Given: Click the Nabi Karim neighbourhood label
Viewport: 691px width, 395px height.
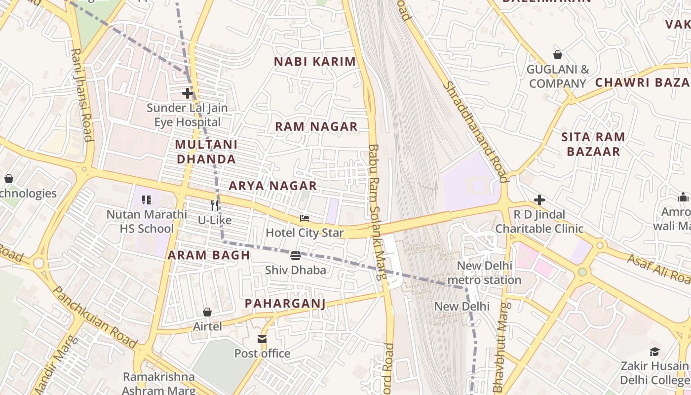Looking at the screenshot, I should (x=315, y=62).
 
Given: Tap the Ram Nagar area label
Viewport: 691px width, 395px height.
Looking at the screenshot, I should (x=316, y=126).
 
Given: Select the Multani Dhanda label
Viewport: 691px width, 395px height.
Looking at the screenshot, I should (x=206, y=152).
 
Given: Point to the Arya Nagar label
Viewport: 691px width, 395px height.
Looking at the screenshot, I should (x=272, y=186).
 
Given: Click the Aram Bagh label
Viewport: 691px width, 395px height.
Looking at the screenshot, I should (x=209, y=255).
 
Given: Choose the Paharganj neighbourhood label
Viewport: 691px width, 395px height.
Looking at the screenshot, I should (x=285, y=303).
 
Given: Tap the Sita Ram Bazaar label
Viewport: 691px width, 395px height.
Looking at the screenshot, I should (x=593, y=144).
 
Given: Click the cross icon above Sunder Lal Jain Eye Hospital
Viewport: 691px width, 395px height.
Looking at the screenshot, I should (x=187, y=93).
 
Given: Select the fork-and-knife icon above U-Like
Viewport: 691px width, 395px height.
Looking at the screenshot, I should (x=215, y=205).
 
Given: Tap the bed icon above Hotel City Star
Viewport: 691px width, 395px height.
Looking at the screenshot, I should (x=305, y=218).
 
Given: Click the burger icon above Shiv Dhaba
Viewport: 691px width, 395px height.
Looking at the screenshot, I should (x=296, y=255).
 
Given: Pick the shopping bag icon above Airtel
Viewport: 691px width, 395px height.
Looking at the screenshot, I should (x=207, y=312).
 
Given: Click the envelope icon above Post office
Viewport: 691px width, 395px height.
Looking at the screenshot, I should (x=262, y=339).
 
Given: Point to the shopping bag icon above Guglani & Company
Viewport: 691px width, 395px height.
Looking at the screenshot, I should (x=558, y=55).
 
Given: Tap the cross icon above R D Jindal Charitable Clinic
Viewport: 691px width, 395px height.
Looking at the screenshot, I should (x=539, y=200).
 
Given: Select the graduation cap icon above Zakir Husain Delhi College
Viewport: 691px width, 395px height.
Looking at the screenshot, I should (x=654, y=352).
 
